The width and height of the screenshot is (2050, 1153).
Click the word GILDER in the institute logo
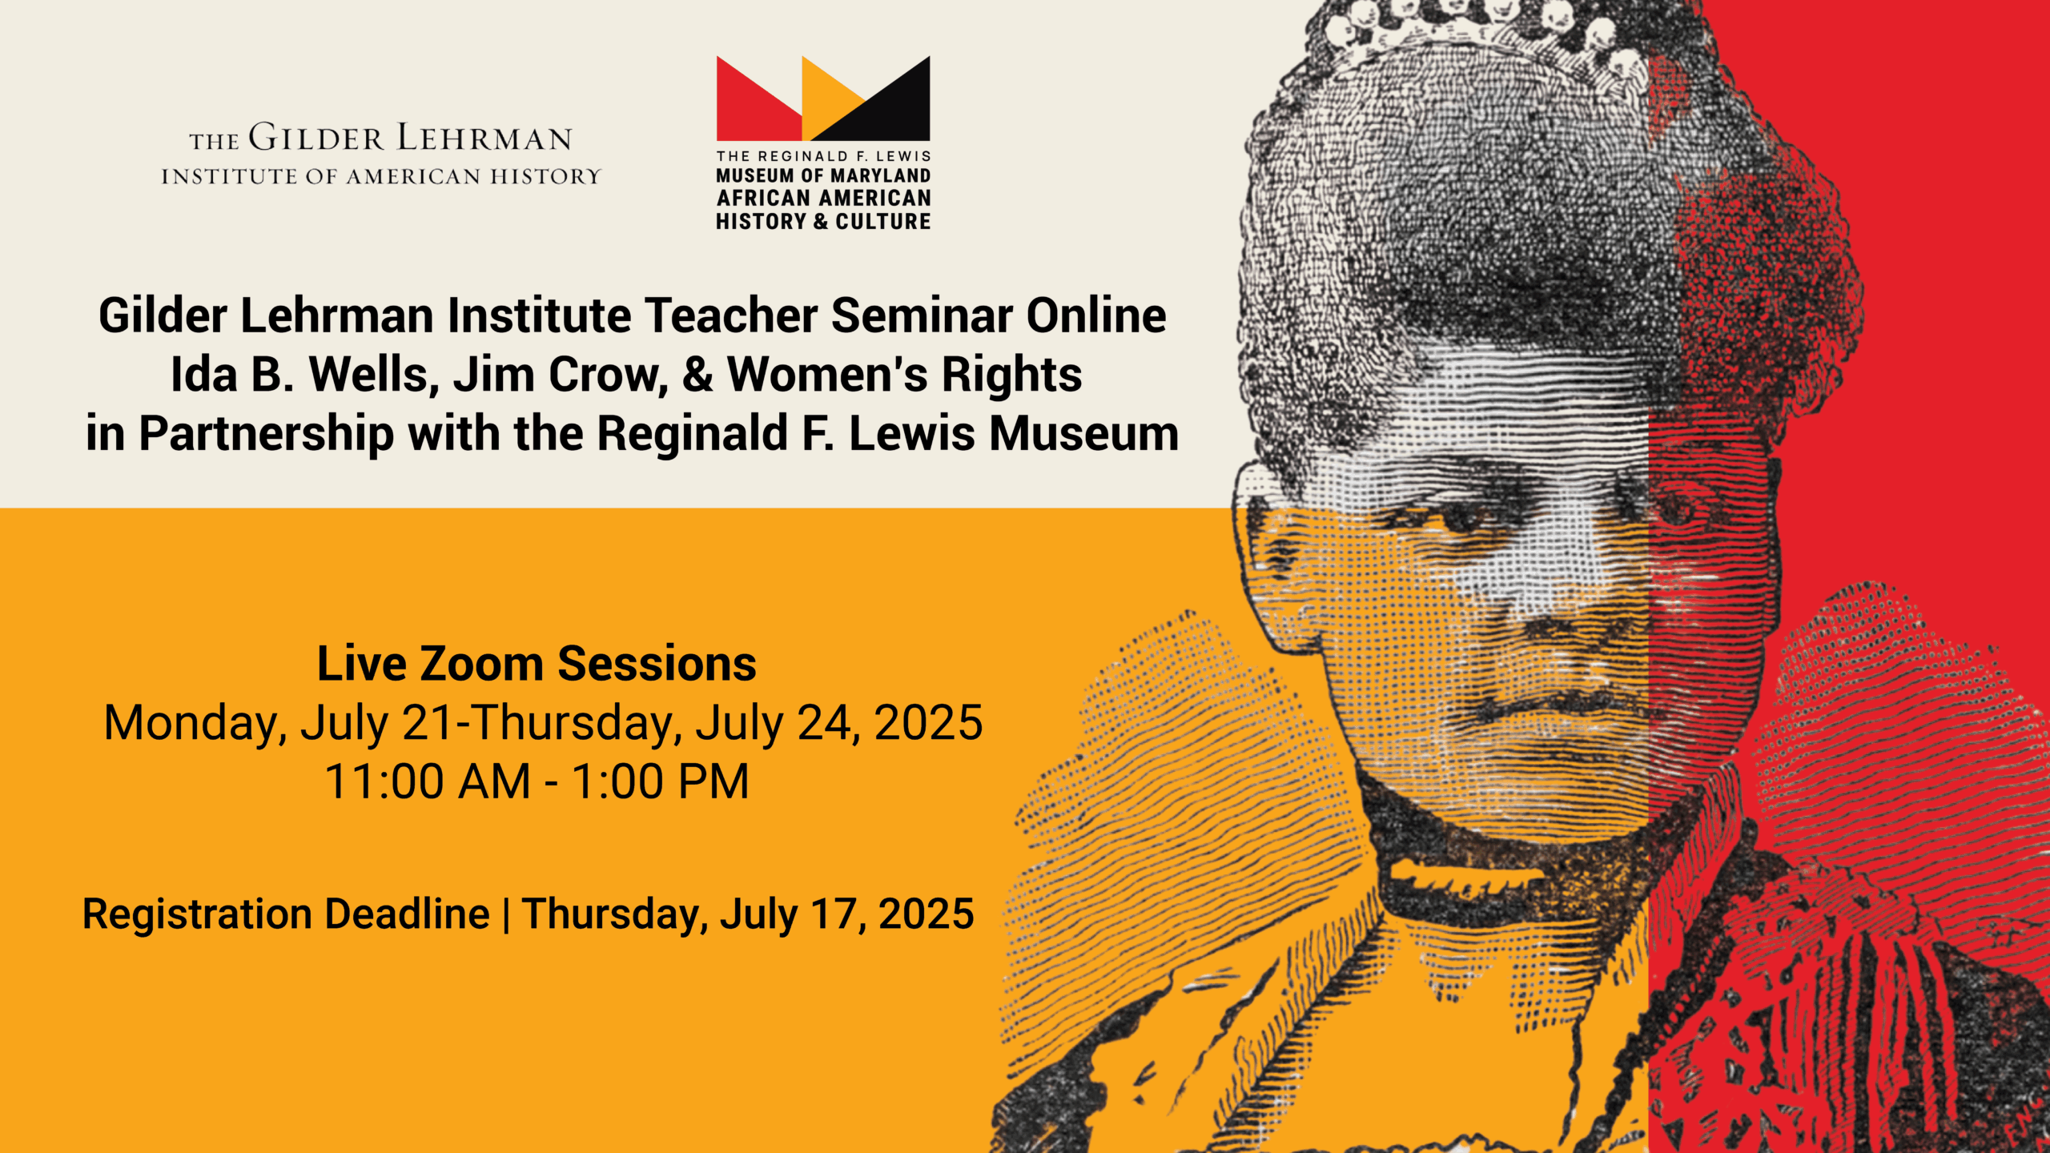pyautogui.click(x=316, y=138)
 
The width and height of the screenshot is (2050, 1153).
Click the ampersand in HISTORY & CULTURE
pyautogui.click(x=821, y=221)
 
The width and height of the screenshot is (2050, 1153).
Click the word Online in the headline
pyautogui.click(x=1096, y=315)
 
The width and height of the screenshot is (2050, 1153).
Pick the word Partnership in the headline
pyautogui.click(x=266, y=434)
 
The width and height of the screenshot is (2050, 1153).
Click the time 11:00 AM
pyautogui.click(x=428, y=781)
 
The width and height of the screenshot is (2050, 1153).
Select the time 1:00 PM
pyautogui.click(x=661, y=781)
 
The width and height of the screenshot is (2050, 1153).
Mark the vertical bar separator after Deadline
pyautogui.click(x=506, y=914)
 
